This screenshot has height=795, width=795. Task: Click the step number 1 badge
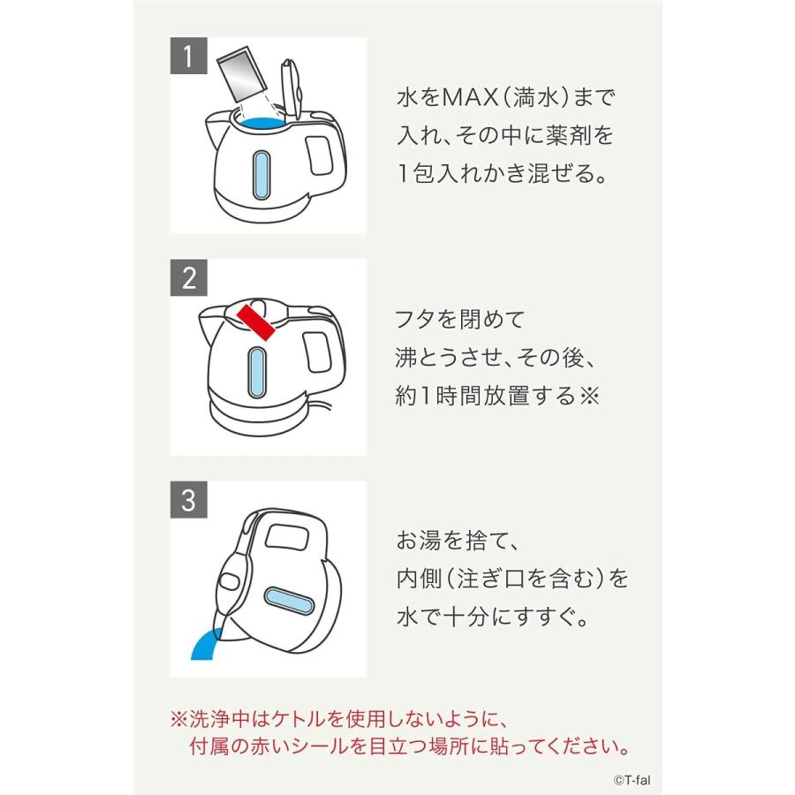click(187, 56)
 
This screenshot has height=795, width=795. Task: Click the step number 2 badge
click(187, 277)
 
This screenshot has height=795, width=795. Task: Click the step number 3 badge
click(187, 500)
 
